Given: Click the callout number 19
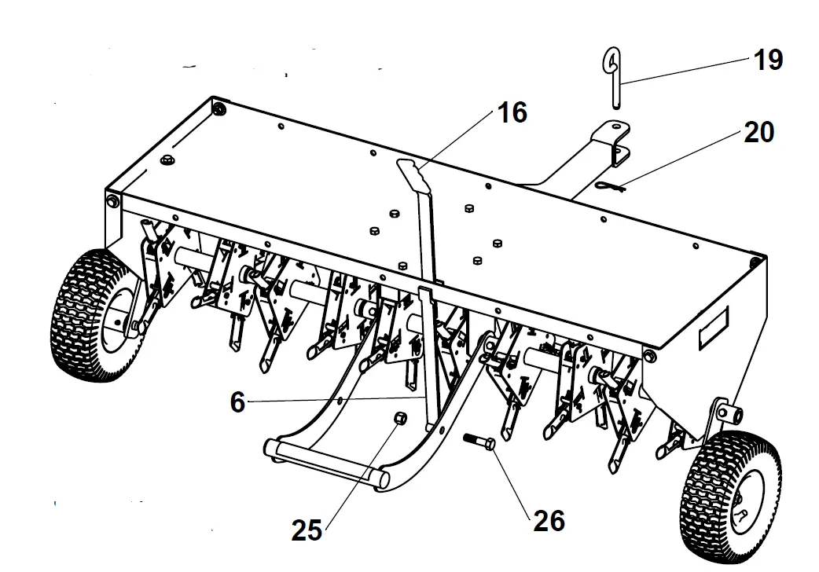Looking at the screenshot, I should click(x=768, y=60).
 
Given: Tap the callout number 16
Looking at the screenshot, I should click(x=512, y=112).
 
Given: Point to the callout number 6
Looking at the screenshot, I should click(x=237, y=402).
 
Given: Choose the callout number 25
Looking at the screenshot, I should click(x=307, y=530).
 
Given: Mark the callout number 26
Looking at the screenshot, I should click(x=548, y=519).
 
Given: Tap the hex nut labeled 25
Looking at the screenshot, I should click(x=399, y=418).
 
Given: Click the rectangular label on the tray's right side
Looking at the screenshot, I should click(x=713, y=328).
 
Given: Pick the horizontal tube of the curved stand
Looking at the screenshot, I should click(x=326, y=463).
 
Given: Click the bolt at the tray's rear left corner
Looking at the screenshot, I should click(x=219, y=106).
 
